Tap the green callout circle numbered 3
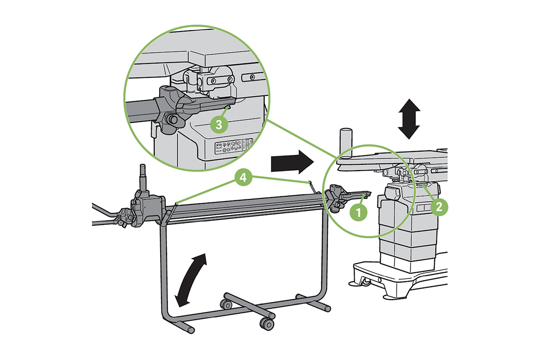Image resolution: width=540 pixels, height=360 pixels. (219, 125)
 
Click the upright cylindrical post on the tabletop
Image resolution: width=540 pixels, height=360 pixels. (346, 141)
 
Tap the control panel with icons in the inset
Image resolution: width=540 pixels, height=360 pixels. (233, 146)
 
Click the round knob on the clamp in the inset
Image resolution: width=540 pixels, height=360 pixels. (172, 119)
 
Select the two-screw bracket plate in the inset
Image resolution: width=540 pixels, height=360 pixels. (220, 80)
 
